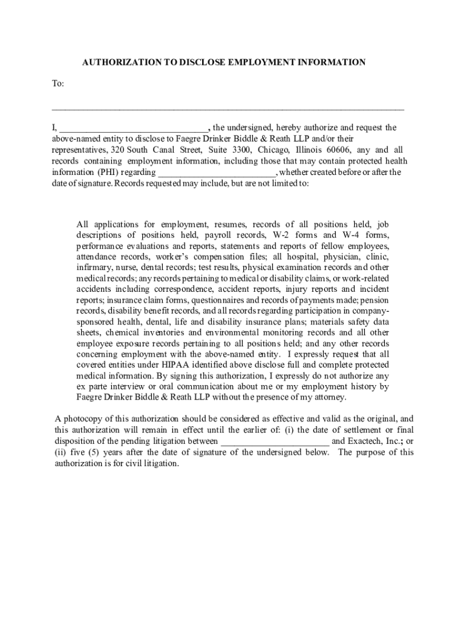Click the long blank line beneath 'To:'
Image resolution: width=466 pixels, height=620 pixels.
(x=228, y=109)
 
